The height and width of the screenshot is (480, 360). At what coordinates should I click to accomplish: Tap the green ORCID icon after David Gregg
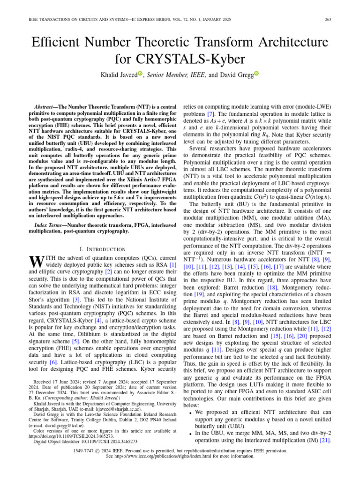(x=256, y=74)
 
